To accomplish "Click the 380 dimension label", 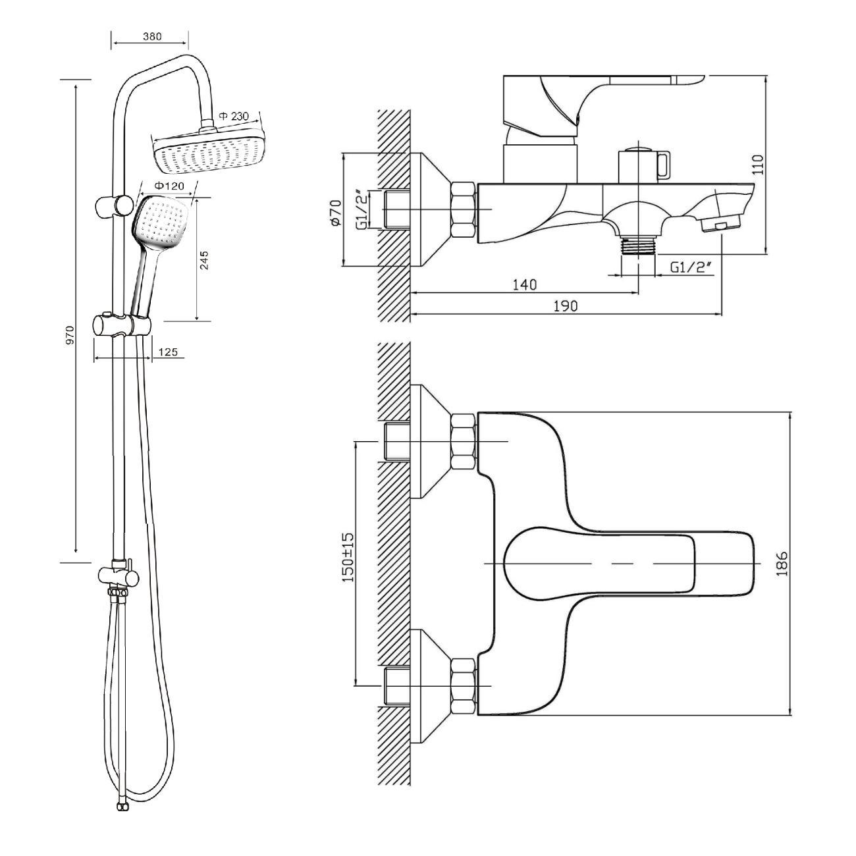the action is pyautogui.click(x=152, y=36).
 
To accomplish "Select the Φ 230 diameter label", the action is pyautogui.click(x=234, y=117).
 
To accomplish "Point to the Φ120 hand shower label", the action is pyautogui.click(x=169, y=186).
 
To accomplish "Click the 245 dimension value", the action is pyautogui.click(x=204, y=260).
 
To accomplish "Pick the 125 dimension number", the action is pyautogui.click(x=168, y=352).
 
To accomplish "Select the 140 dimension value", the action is pyautogui.click(x=525, y=284).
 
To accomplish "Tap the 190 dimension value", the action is pyautogui.click(x=566, y=306).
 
